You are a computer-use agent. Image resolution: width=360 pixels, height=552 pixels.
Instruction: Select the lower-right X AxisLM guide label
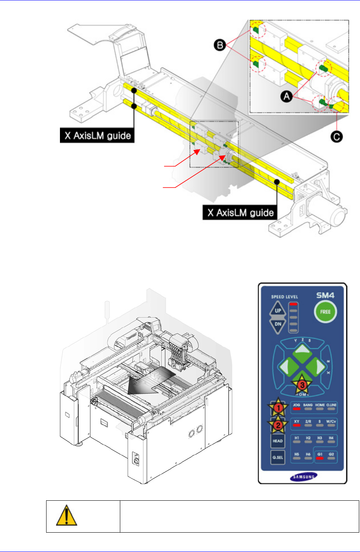241,213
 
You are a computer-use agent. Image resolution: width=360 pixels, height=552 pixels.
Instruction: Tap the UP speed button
278,311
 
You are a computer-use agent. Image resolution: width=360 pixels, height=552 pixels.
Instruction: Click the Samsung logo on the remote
303,476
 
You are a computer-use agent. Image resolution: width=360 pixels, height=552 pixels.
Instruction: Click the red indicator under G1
320,458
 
